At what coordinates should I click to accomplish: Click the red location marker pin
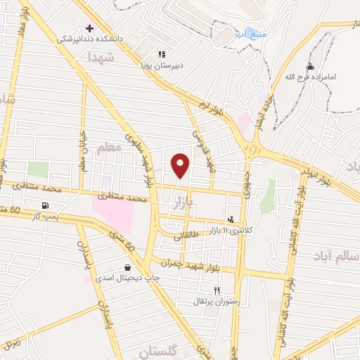(180, 165)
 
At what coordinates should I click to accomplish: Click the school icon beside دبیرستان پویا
(162, 53)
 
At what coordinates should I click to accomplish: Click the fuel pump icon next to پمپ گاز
(46, 205)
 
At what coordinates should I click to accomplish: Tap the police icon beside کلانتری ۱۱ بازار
(231, 219)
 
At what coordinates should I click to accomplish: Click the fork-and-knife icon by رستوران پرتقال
(217, 290)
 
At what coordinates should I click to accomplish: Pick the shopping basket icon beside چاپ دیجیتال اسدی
(127, 267)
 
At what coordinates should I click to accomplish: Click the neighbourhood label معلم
(110, 149)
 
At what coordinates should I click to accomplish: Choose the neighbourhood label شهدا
(101, 59)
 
